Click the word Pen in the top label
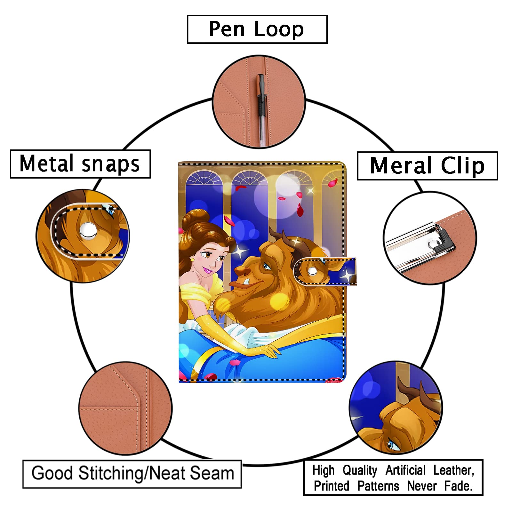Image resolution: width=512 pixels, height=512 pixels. [x=227, y=29]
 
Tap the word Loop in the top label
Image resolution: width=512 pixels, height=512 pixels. [x=279, y=30]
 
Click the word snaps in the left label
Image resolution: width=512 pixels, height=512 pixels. [x=111, y=164]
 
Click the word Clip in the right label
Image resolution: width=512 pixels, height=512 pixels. [x=463, y=166]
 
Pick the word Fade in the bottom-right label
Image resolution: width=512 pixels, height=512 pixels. [x=458, y=486]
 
